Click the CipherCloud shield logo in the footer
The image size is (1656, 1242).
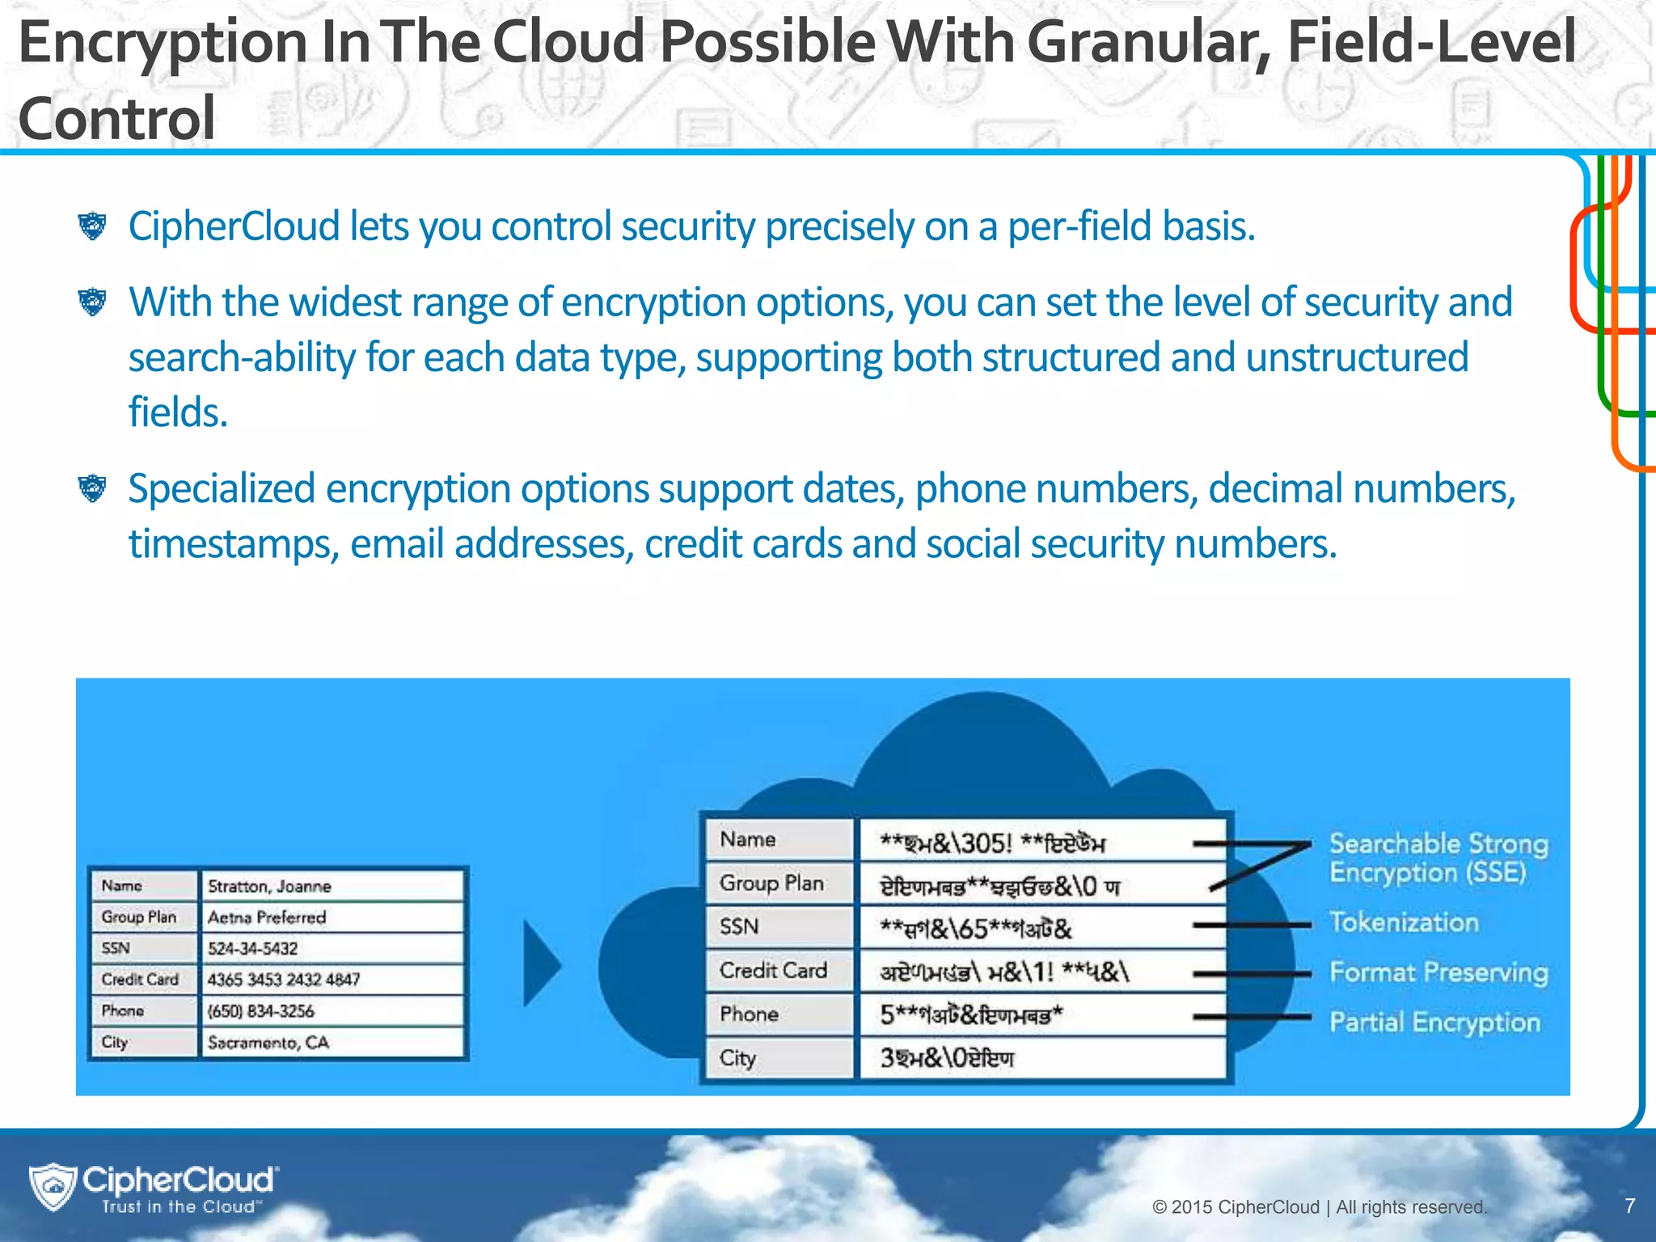[53, 1187]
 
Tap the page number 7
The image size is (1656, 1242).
[1629, 1206]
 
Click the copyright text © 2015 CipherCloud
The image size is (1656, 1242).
[1319, 1207]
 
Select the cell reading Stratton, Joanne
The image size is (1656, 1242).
[269, 886]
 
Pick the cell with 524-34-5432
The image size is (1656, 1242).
[252, 948]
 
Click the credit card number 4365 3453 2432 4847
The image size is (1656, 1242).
[283, 980]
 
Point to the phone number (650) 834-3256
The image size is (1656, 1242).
[260, 1012]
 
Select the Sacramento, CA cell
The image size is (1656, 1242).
[268, 1042]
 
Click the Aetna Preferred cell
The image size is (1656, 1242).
[266, 918]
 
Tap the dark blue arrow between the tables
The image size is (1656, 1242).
[540, 964]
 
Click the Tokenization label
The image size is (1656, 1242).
[1404, 923]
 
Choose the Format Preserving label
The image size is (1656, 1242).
[1438, 972]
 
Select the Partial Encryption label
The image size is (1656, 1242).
[1434, 1022]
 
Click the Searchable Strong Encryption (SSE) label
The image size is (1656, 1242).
[1438, 858]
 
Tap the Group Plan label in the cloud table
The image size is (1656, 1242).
[771, 883]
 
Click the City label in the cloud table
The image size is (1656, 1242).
[737, 1058]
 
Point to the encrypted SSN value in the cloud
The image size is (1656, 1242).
[975, 928]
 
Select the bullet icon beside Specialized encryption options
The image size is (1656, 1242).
[92, 488]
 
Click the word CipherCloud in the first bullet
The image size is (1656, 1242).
[234, 226]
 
